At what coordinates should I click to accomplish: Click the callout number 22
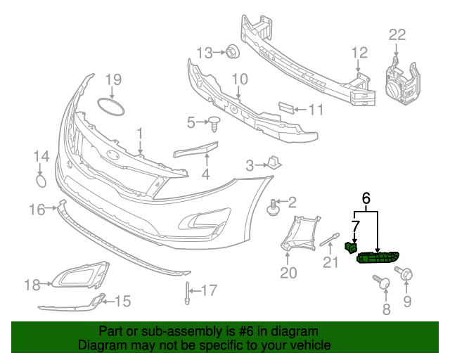coord(397,34)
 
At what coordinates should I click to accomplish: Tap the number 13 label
coord(204,52)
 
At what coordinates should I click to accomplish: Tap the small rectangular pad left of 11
coord(285,108)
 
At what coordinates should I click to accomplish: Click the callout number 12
coord(359,52)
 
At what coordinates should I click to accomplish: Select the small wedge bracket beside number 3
coord(275,163)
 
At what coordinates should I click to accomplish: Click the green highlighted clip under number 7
coord(349,247)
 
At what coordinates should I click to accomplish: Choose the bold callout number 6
coord(366,199)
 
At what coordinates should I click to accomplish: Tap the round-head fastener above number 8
coord(383,283)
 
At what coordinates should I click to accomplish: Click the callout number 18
coord(32,285)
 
